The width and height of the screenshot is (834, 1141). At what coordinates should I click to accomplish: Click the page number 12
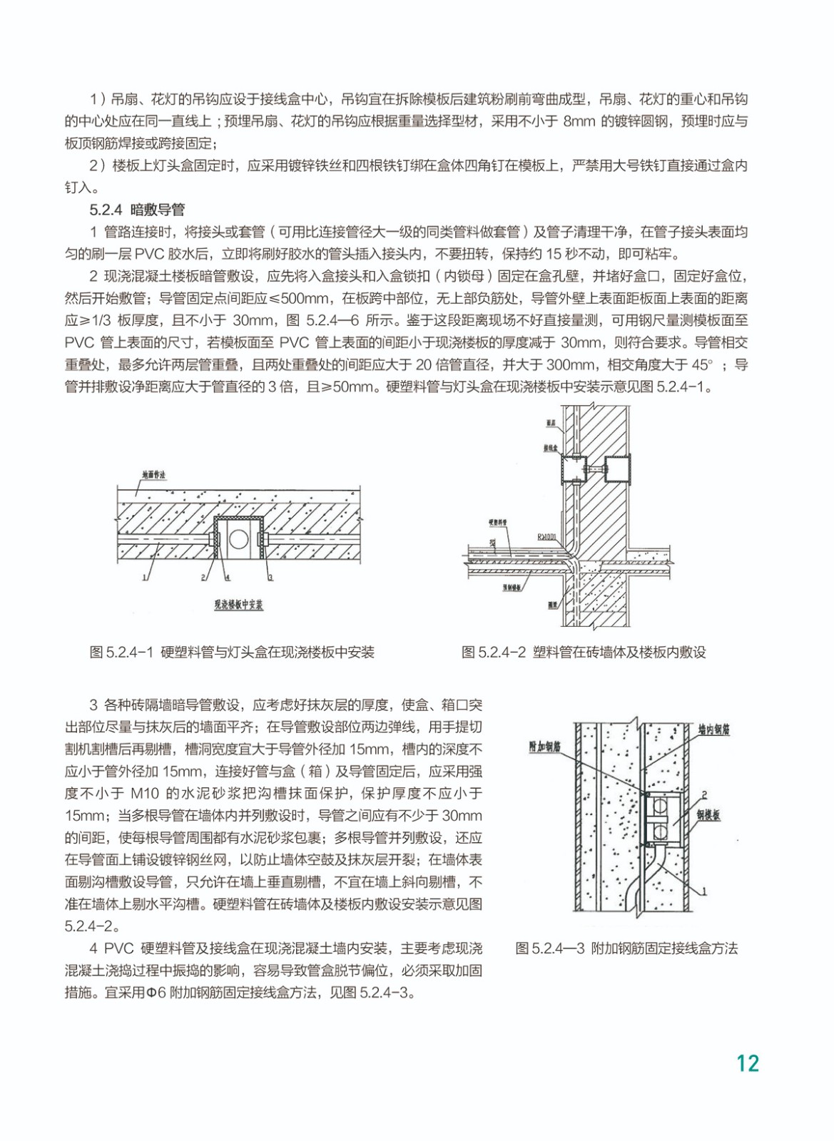click(748, 1063)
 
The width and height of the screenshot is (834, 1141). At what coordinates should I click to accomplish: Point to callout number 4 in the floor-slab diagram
click(227, 576)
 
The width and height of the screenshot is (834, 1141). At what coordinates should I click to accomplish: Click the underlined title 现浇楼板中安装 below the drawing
click(238, 605)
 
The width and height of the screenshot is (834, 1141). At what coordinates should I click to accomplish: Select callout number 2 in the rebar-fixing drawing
click(704, 794)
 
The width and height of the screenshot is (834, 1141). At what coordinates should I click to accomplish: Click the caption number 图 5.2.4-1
click(122, 652)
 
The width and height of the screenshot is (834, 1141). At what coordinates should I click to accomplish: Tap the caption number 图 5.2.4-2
click(494, 652)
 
